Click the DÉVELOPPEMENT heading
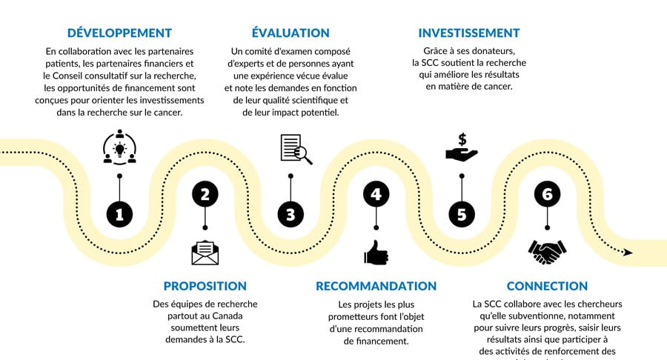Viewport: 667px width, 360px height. tap(119, 33)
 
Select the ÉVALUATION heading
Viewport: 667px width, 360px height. tap(291, 33)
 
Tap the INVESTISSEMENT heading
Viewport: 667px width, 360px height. tap(469, 33)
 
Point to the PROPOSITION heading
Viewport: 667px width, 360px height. tap(205, 287)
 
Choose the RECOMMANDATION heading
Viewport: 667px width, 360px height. tap(376, 287)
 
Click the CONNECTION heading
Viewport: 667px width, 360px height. tap(547, 287)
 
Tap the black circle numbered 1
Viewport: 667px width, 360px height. tap(119, 215)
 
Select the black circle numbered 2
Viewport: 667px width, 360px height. tap(205, 195)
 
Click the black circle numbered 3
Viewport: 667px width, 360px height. tap(291, 215)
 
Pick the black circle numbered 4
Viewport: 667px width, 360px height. tap(376, 195)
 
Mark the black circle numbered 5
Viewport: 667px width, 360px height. tap(462, 215)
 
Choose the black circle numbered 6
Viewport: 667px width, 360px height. tap(547, 195)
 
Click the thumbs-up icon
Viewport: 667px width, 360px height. tap(376, 253)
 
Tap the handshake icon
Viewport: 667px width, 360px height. tap(547, 252)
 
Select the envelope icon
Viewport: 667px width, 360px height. tap(205, 253)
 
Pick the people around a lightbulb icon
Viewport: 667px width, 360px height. tap(119, 147)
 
